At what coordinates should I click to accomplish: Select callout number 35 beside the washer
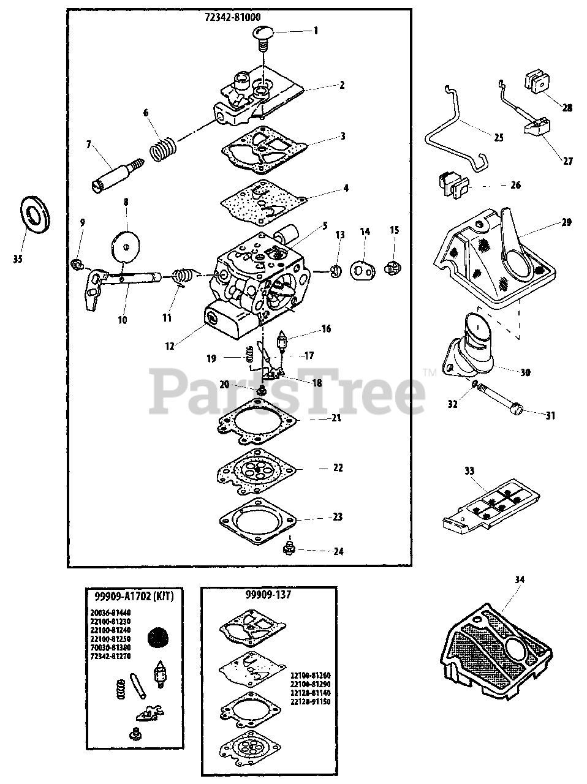17,259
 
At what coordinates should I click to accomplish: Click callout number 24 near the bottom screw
338,551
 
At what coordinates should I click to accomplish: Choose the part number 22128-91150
311,701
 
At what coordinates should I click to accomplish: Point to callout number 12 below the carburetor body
170,346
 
